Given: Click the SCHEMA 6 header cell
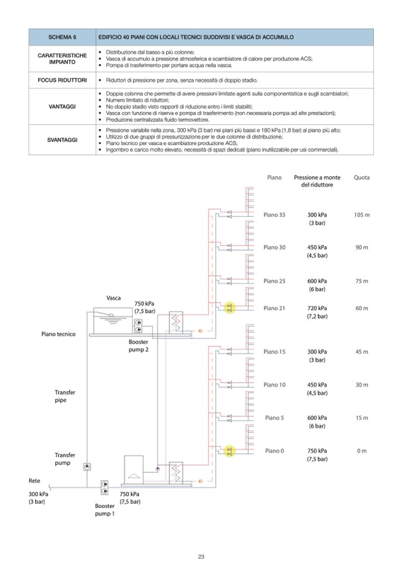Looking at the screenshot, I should (62, 37).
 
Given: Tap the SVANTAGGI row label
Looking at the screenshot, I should (62, 140).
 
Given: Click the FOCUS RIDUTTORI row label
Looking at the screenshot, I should (62, 80).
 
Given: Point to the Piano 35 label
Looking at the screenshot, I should (274, 215).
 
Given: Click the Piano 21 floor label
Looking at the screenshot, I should (274, 308).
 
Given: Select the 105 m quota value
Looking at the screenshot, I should (361, 215).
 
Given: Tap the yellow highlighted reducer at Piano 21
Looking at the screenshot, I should (229, 308).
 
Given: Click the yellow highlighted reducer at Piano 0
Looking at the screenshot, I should (229, 451).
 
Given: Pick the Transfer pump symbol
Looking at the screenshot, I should (87, 467).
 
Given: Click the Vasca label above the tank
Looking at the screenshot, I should (114, 297).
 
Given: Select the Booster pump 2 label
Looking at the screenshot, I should (138, 346).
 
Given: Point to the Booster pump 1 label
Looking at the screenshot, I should (105, 509).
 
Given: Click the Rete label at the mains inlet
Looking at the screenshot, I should (34, 480).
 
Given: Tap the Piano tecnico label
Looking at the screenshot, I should (58, 334).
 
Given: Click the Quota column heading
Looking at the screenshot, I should (361, 177).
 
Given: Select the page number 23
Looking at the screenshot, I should (201, 556).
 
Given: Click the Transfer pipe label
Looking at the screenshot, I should (65, 396).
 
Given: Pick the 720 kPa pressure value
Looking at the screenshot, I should (317, 308).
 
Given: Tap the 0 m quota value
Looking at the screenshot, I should (361, 451).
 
